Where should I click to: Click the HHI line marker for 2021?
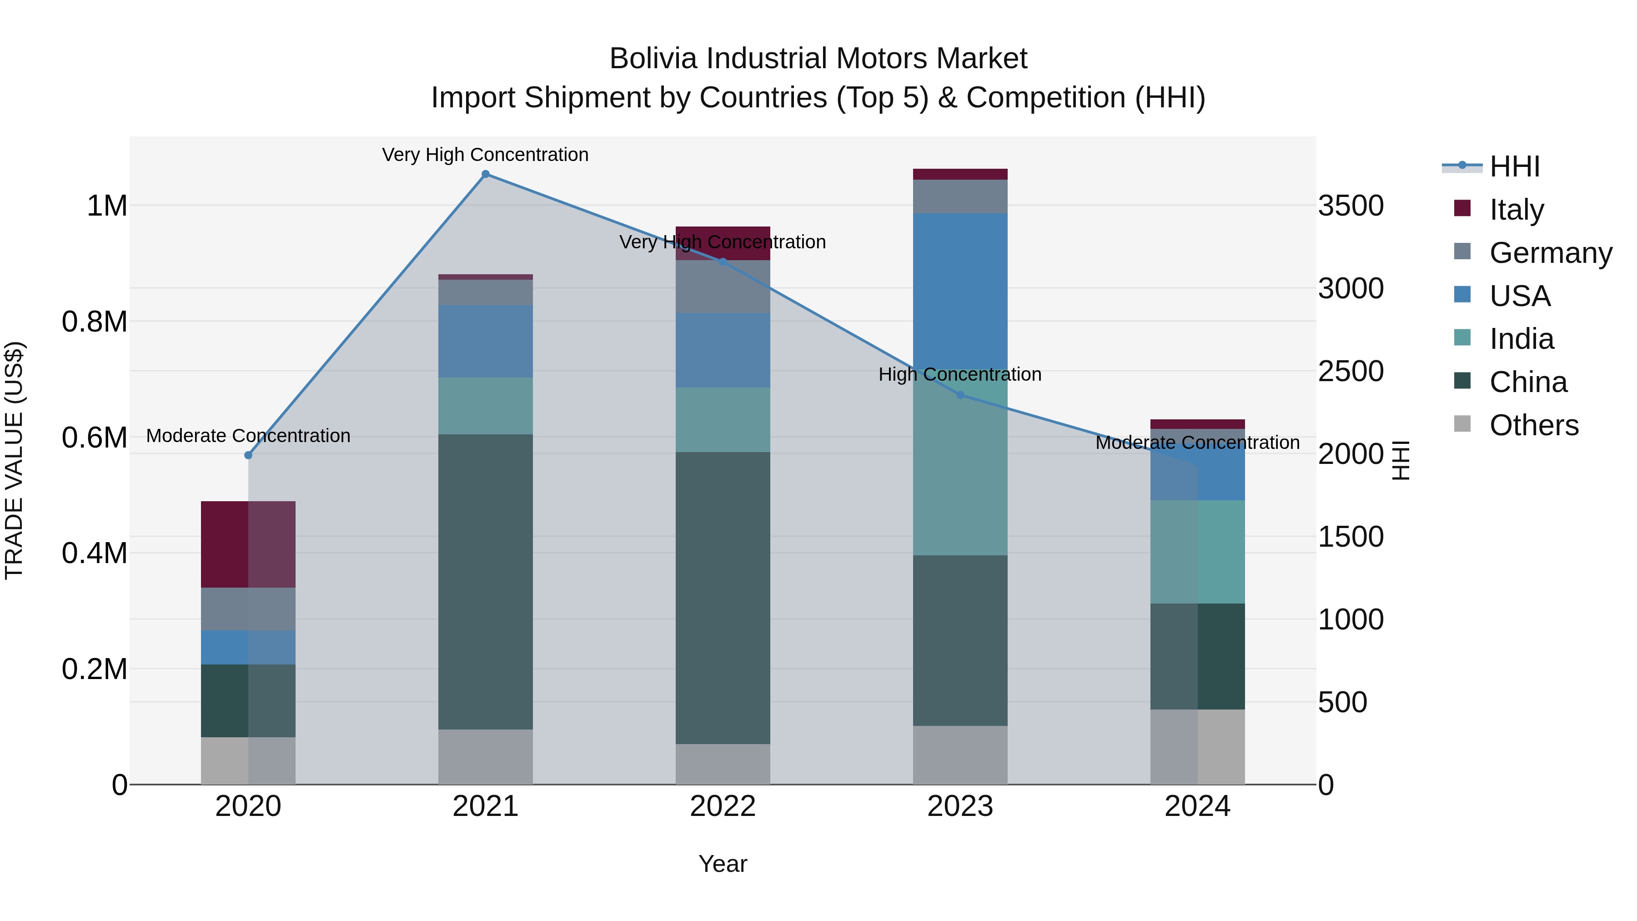(486, 174)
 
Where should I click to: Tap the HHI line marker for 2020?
(248, 455)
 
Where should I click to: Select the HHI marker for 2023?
(960, 395)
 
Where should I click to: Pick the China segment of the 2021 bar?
(486, 582)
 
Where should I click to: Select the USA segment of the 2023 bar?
(960, 292)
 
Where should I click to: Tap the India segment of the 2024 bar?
(1197, 552)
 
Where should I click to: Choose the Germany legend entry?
(1550, 253)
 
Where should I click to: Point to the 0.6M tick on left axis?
(94, 438)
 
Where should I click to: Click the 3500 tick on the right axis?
(1351, 206)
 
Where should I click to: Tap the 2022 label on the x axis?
(723, 806)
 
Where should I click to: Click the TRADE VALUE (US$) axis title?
(14, 460)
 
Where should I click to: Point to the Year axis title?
(723, 864)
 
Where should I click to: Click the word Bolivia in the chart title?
(653, 59)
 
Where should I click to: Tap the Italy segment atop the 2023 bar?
(960, 174)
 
